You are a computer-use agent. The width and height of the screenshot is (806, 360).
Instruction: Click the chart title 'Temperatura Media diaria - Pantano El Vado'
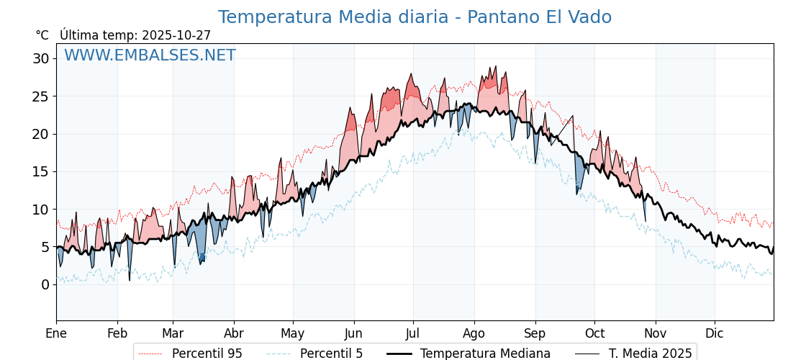tap(415, 17)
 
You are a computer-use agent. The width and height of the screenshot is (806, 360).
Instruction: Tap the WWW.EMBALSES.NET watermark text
tap(150, 55)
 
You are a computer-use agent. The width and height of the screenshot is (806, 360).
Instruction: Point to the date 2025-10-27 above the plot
tap(176, 35)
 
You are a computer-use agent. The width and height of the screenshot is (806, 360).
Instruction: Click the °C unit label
tap(42, 35)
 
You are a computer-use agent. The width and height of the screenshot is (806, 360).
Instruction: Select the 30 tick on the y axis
tap(40, 58)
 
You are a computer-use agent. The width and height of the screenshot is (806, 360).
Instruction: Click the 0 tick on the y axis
tap(45, 284)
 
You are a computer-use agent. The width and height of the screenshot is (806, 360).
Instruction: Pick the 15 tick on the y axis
tap(40, 171)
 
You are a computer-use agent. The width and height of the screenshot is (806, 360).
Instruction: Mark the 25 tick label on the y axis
tap(40, 96)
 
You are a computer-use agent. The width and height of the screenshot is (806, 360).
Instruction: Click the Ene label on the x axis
tap(56, 333)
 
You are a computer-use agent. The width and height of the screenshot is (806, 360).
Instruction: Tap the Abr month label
tap(234, 333)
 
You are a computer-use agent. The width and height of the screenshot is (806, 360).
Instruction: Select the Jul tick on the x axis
tap(413, 333)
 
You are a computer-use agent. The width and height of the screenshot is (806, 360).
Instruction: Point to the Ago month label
tap(474, 333)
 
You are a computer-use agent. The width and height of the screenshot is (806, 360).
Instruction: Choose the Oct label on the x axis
tap(594, 333)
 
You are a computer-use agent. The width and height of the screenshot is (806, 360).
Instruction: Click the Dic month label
tap(715, 333)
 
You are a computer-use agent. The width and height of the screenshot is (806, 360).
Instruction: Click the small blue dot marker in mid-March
tap(202, 257)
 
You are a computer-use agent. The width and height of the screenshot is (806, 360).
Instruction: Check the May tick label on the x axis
tap(293, 333)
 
